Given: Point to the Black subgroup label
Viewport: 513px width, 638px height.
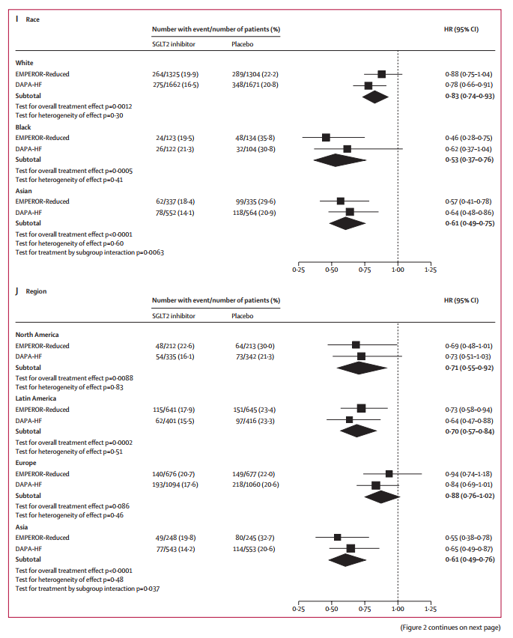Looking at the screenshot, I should click(24, 127).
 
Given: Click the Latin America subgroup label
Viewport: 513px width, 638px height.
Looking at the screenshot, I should click(37, 398).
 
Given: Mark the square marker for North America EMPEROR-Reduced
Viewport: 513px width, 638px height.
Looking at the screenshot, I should click(356, 345).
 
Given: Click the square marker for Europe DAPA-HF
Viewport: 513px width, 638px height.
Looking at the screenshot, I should click(376, 485).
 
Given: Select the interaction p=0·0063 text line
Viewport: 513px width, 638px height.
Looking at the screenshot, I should click(90, 252).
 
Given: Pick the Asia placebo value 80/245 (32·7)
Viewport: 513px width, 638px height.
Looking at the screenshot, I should click(255, 537).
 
